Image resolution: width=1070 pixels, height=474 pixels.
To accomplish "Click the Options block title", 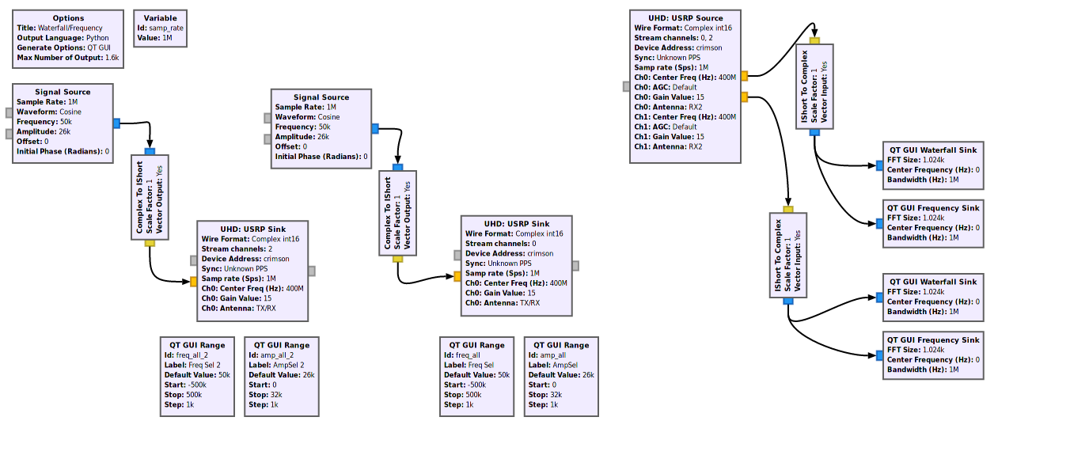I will (x=68, y=18).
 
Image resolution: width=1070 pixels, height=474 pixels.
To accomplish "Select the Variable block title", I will (x=161, y=18).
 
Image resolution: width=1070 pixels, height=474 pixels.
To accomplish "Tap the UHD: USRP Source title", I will (x=685, y=18).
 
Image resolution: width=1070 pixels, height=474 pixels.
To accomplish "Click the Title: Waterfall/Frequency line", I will (x=59, y=28).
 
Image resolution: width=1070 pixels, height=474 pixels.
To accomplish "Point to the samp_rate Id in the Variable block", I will (x=161, y=28).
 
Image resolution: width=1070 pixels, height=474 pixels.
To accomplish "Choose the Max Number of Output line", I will (x=67, y=57).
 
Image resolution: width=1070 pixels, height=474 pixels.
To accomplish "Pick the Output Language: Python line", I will (x=63, y=37).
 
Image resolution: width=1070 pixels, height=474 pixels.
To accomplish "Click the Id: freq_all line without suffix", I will (x=466, y=355).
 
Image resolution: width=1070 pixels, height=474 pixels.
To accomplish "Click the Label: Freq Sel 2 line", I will (x=195, y=365).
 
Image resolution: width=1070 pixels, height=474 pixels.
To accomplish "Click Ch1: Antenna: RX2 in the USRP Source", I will (x=668, y=146).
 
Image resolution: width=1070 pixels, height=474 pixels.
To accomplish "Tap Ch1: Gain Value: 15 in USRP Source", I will (x=669, y=136).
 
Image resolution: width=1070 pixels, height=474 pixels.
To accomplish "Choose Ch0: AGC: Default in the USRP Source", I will (x=665, y=87).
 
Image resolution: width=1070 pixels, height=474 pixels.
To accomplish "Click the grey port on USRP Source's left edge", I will (x=627, y=87).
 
